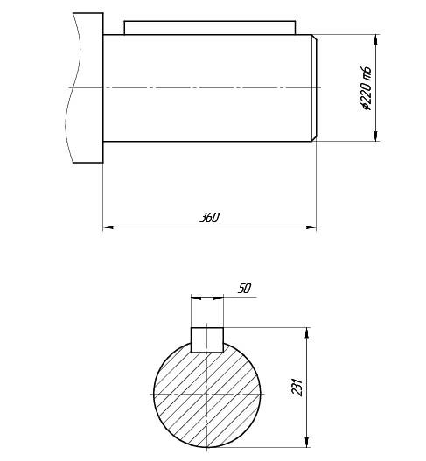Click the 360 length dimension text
tap(209, 218)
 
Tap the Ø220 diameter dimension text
tap(367, 89)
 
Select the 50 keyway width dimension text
tap(245, 289)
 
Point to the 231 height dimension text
tap(297, 387)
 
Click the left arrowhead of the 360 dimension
tap(108, 227)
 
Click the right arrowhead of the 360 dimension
tap(311, 227)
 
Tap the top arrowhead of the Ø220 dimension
tap(375, 39)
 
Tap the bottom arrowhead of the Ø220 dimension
tap(375, 136)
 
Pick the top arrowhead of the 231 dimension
tap(307, 332)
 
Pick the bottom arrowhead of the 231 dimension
tap(307, 442)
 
